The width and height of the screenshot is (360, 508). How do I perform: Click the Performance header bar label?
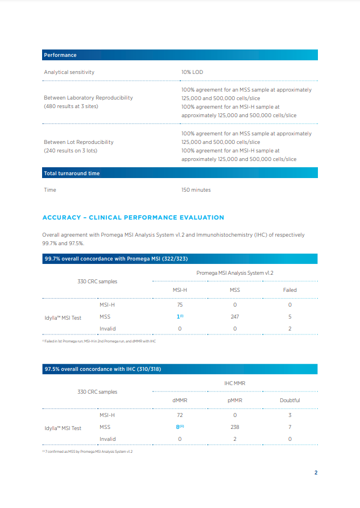click(x=60, y=55)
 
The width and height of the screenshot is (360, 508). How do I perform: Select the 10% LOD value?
click(x=192, y=72)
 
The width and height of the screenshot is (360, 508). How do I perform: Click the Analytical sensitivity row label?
click(x=69, y=72)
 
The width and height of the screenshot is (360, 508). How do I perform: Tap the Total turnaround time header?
click(x=72, y=174)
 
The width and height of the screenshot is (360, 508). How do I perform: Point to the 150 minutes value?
click(x=196, y=190)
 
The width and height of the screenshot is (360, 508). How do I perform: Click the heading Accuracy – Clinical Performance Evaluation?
click(x=133, y=217)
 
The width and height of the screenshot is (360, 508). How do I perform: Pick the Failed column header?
click(x=289, y=290)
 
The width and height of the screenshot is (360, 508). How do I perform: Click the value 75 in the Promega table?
click(x=180, y=305)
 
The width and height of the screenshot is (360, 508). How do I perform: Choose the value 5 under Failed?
click(x=289, y=317)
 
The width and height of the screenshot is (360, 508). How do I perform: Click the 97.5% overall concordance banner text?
click(x=102, y=370)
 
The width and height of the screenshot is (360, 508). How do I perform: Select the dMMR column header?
click(x=180, y=400)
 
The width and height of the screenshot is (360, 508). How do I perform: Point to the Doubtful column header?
click(x=289, y=400)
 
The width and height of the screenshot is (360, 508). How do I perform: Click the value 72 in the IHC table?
click(x=180, y=415)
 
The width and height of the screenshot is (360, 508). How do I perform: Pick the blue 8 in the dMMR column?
click(x=179, y=427)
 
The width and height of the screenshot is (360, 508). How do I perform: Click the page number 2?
click(x=316, y=473)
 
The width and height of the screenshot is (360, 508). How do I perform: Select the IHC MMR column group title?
click(x=234, y=383)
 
